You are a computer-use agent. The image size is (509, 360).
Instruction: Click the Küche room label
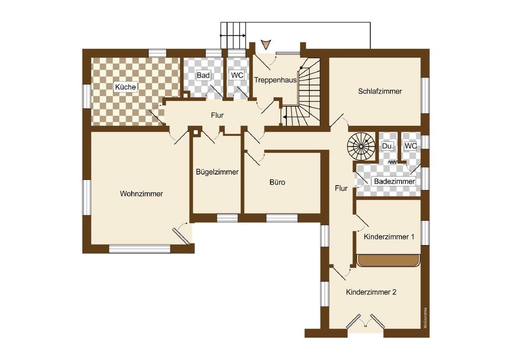pyautogui.click(x=125, y=87)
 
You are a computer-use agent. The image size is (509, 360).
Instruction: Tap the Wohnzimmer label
pyautogui.click(x=141, y=194)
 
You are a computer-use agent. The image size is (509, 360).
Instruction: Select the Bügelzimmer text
pyautogui.click(x=217, y=172)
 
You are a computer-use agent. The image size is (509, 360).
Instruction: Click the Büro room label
pyautogui.click(x=277, y=182)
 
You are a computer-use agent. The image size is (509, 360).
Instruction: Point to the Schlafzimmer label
pyautogui.click(x=380, y=91)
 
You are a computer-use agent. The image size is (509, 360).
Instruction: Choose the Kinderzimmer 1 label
pyautogui.click(x=389, y=237)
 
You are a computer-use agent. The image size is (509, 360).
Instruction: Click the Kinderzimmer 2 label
pyautogui.click(x=371, y=292)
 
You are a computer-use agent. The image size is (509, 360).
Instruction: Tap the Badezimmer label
pyautogui.click(x=394, y=181)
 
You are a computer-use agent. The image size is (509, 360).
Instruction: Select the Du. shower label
pyautogui.click(x=388, y=146)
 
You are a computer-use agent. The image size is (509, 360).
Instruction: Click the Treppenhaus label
pyautogui.click(x=275, y=80)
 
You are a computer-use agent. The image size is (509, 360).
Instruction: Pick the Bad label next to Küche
pyautogui.click(x=203, y=75)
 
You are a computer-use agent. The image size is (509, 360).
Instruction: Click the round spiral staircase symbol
pyautogui.click(x=361, y=146)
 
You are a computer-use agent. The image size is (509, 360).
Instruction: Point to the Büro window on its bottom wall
pyautogui.click(x=281, y=218)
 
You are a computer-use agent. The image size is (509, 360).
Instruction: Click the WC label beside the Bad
pyautogui.click(x=237, y=75)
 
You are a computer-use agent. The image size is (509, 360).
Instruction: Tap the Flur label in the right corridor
pyautogui.click(x=341, y=188)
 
